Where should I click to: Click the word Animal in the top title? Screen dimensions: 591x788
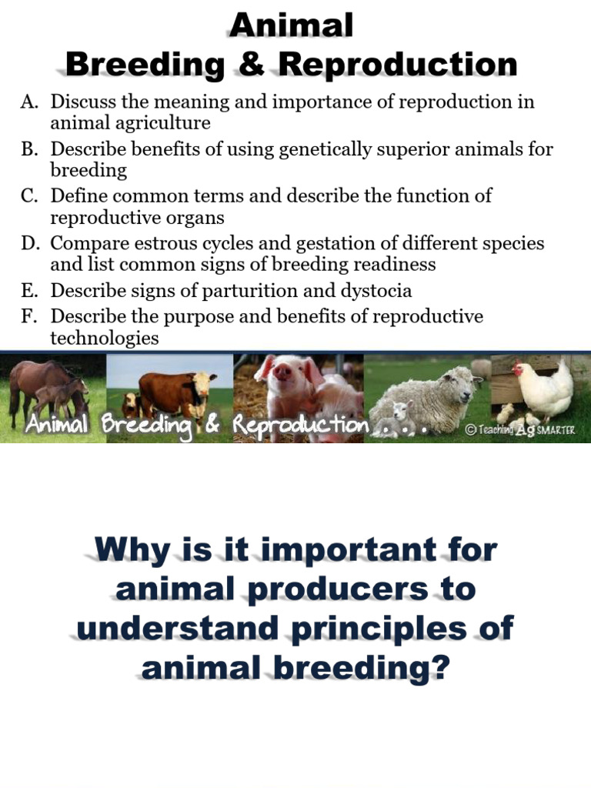tap(292, 25)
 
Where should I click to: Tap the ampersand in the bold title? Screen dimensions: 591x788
tap(252, 65)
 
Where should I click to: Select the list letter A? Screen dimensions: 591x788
tap(29, 102)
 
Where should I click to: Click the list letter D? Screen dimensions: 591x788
tap(30, 243)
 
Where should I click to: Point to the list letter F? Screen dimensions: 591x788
tap(28, 316)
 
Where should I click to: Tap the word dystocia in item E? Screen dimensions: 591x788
tap(376, 290)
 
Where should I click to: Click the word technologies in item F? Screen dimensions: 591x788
tap(105, 338)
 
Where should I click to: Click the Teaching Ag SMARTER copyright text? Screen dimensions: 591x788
tap(520, 429)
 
